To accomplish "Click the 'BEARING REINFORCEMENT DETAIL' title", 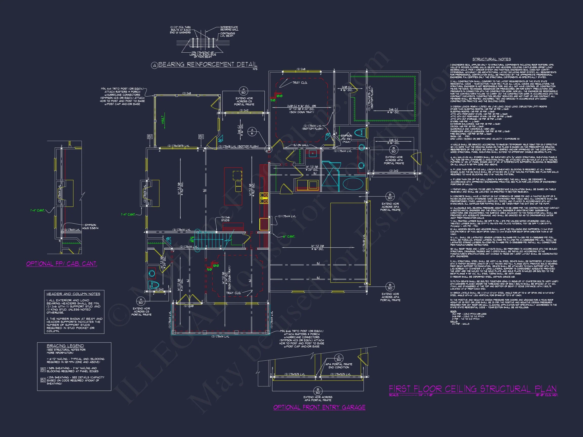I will pyautogui.click(x=207, y=64).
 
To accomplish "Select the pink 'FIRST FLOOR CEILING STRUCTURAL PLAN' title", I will pyautogui.click(x=473, y=389).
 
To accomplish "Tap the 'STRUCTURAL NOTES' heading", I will pyautogui.click(x=492, y=59).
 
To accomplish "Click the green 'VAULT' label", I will pyautogui.click(x=163, y=120).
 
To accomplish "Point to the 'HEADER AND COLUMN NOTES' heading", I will pyautogui.click(x=73, y=294).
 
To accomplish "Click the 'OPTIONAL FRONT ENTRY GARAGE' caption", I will pyautogui.click(x=319, y=407).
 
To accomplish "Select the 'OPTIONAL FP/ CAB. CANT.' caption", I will pyautogui.click(x=62, y=264).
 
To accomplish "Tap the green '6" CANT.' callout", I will pyautogui.click(x=289, y=236).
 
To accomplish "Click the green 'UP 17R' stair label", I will pyautogui.click(x=192, y=239).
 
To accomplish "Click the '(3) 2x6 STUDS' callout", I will pyautogui.click(x=225, y=219).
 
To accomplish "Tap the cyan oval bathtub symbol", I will pyautogui.click(x=353, y=184).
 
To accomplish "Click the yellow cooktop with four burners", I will pyautogui.click(x=264, y=198).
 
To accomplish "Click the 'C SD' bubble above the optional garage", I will pyautogui.click(x=339, y=358).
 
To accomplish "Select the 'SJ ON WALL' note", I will pyautogui.click(x=301, y=145).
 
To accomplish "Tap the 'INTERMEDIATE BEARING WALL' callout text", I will pyautogui.click(x=229, y=28).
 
